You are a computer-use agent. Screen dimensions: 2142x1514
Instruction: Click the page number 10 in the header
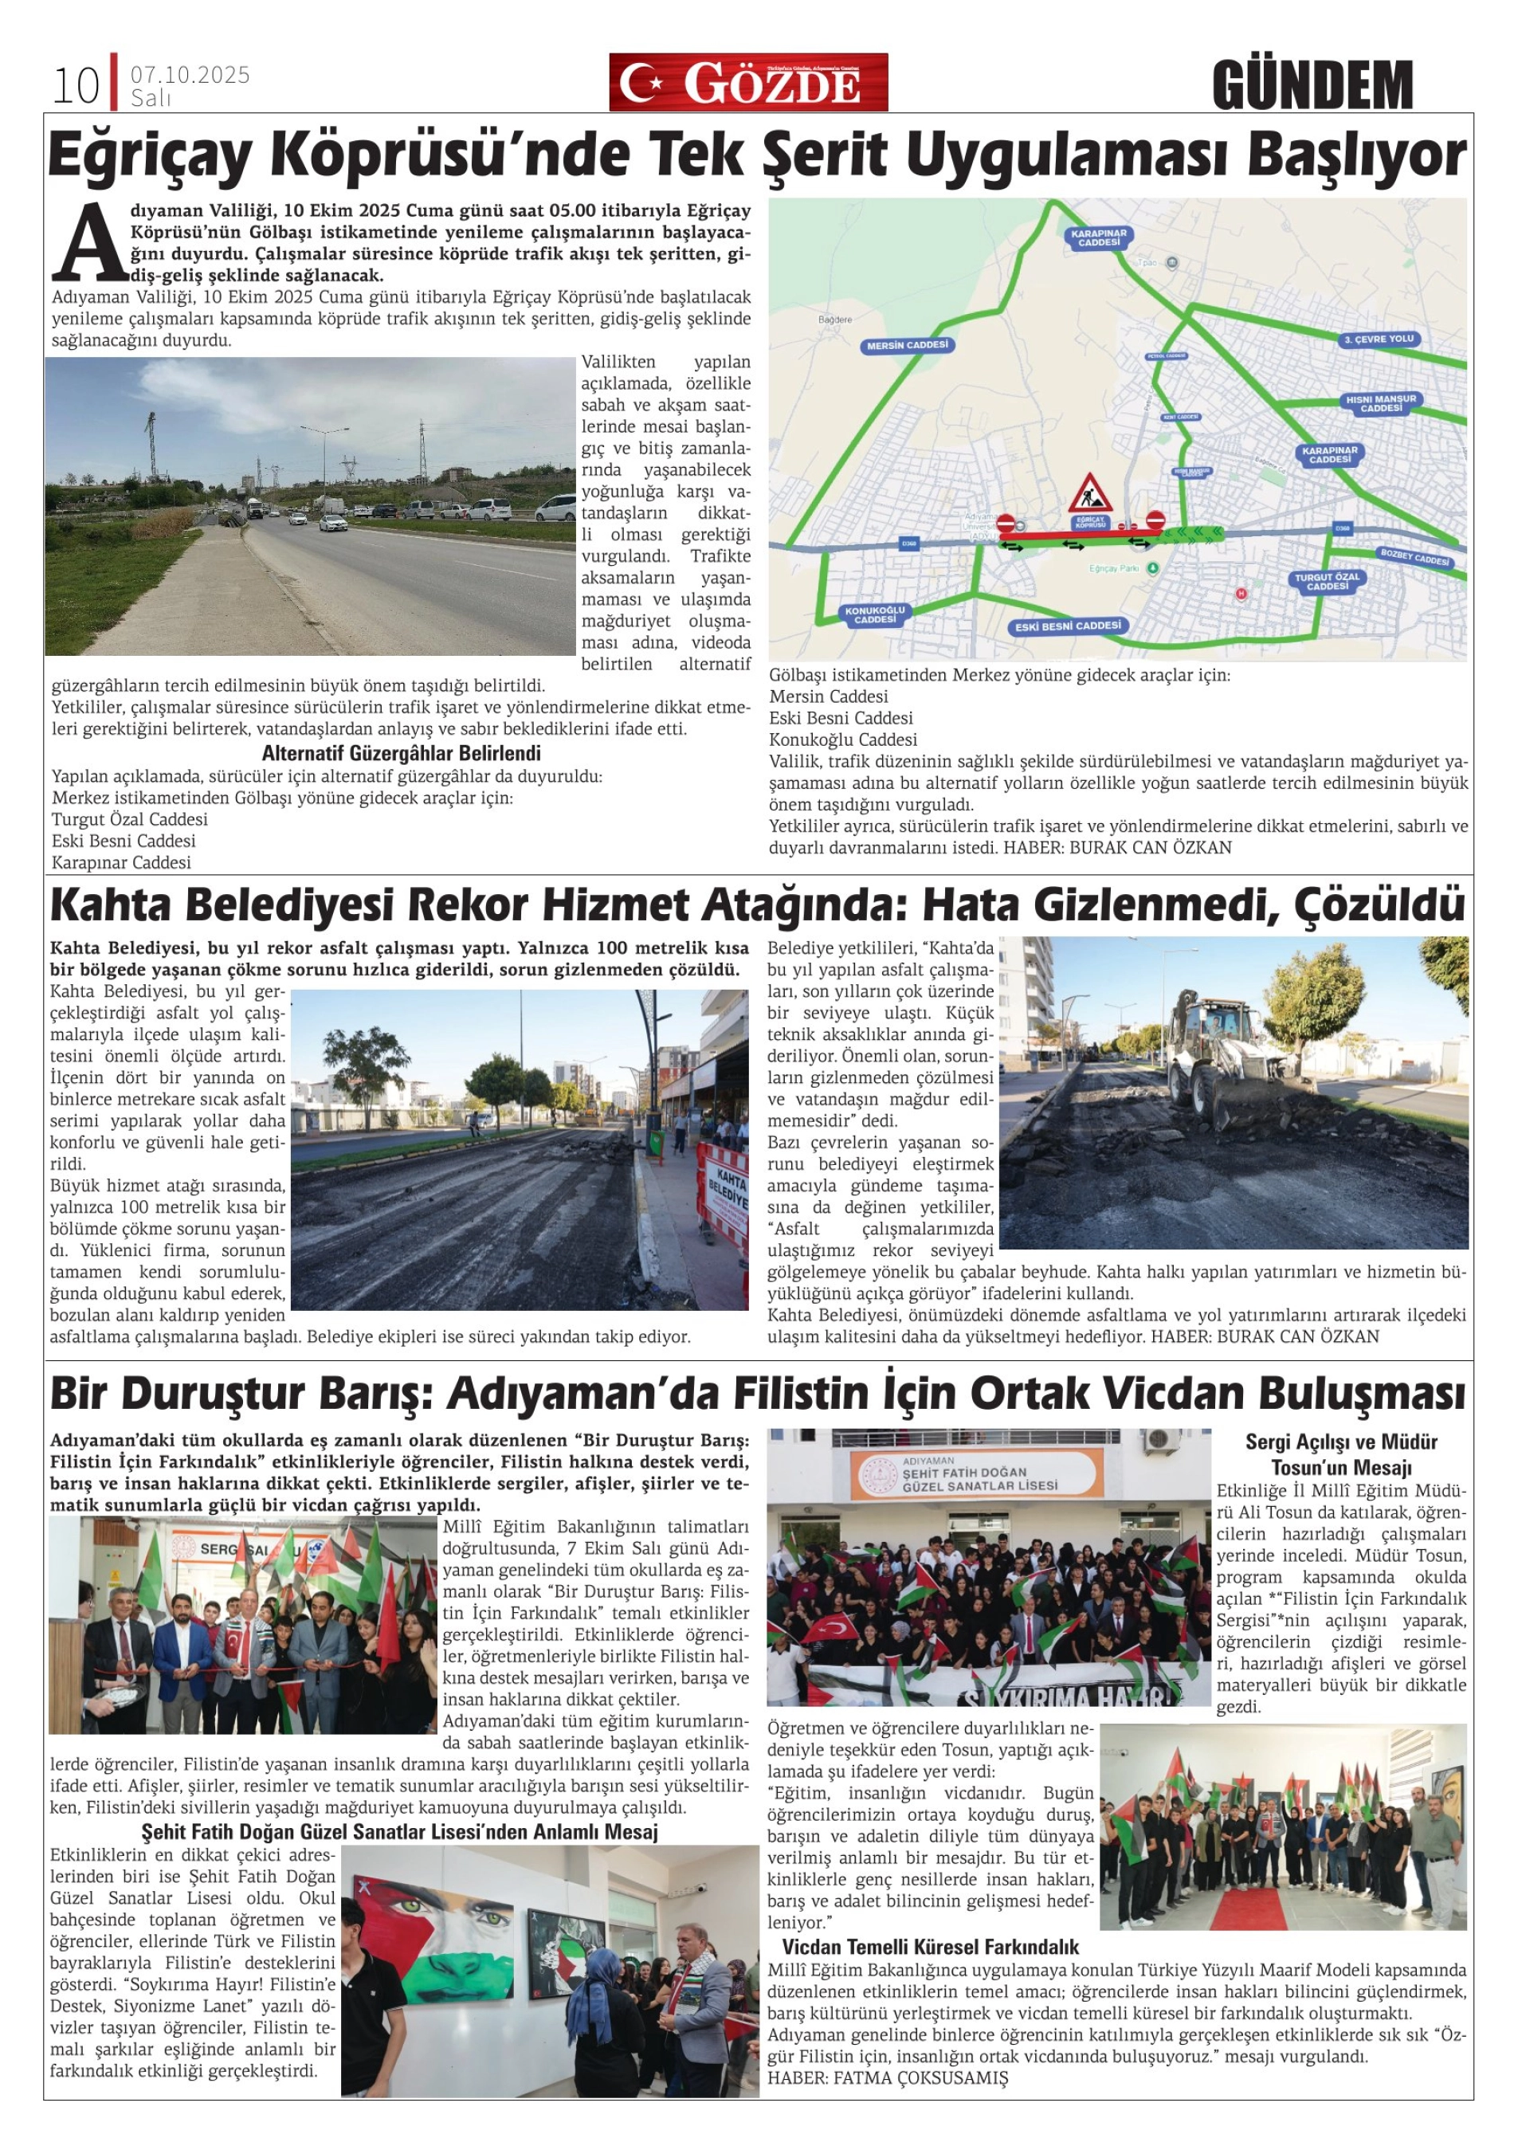click(x=76, y=87)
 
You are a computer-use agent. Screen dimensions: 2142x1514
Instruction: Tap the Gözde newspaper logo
click(x=748, y=83)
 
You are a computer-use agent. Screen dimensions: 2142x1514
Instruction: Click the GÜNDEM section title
click(x=1312, y=85)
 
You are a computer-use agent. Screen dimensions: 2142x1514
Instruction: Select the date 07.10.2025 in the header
click(x=190, y=75)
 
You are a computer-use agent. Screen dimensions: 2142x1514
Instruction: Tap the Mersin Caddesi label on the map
click(x=907, y=345)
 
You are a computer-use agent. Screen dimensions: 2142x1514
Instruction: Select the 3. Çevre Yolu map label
click(x=1379, y=339)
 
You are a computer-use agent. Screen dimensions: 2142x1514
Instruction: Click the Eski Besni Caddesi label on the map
click(x=1068, y=626)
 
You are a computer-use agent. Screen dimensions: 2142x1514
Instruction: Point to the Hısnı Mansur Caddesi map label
click(x=1381, y=404)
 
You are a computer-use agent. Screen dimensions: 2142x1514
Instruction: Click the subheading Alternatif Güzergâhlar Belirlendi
click(x=401, y=753)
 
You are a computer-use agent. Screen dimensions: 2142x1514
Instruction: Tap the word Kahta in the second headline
click(x=111, y=906)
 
